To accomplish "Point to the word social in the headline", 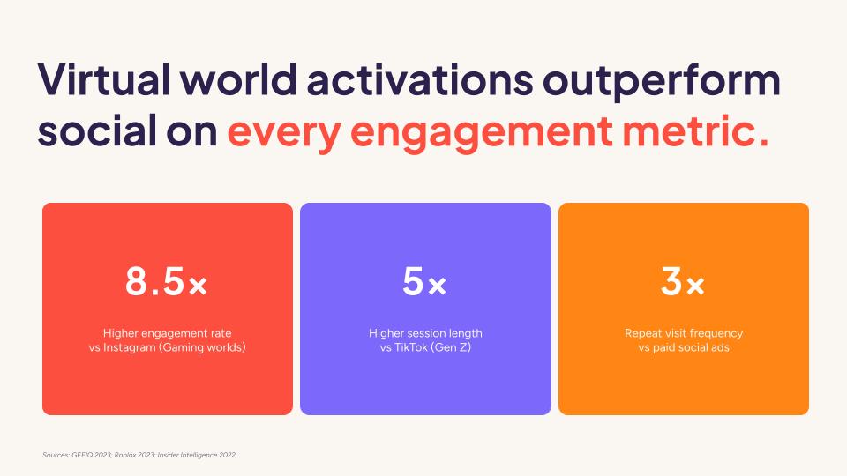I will [94, 132].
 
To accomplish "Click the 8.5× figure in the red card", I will [167, 282].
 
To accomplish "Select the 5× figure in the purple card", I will [425, 282].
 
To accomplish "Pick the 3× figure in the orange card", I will [683, 282].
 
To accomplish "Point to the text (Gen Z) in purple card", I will [456, 347].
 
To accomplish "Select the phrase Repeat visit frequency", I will [684, 333].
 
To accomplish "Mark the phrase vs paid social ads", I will [684, 347].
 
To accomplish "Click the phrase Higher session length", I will [425, 333].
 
